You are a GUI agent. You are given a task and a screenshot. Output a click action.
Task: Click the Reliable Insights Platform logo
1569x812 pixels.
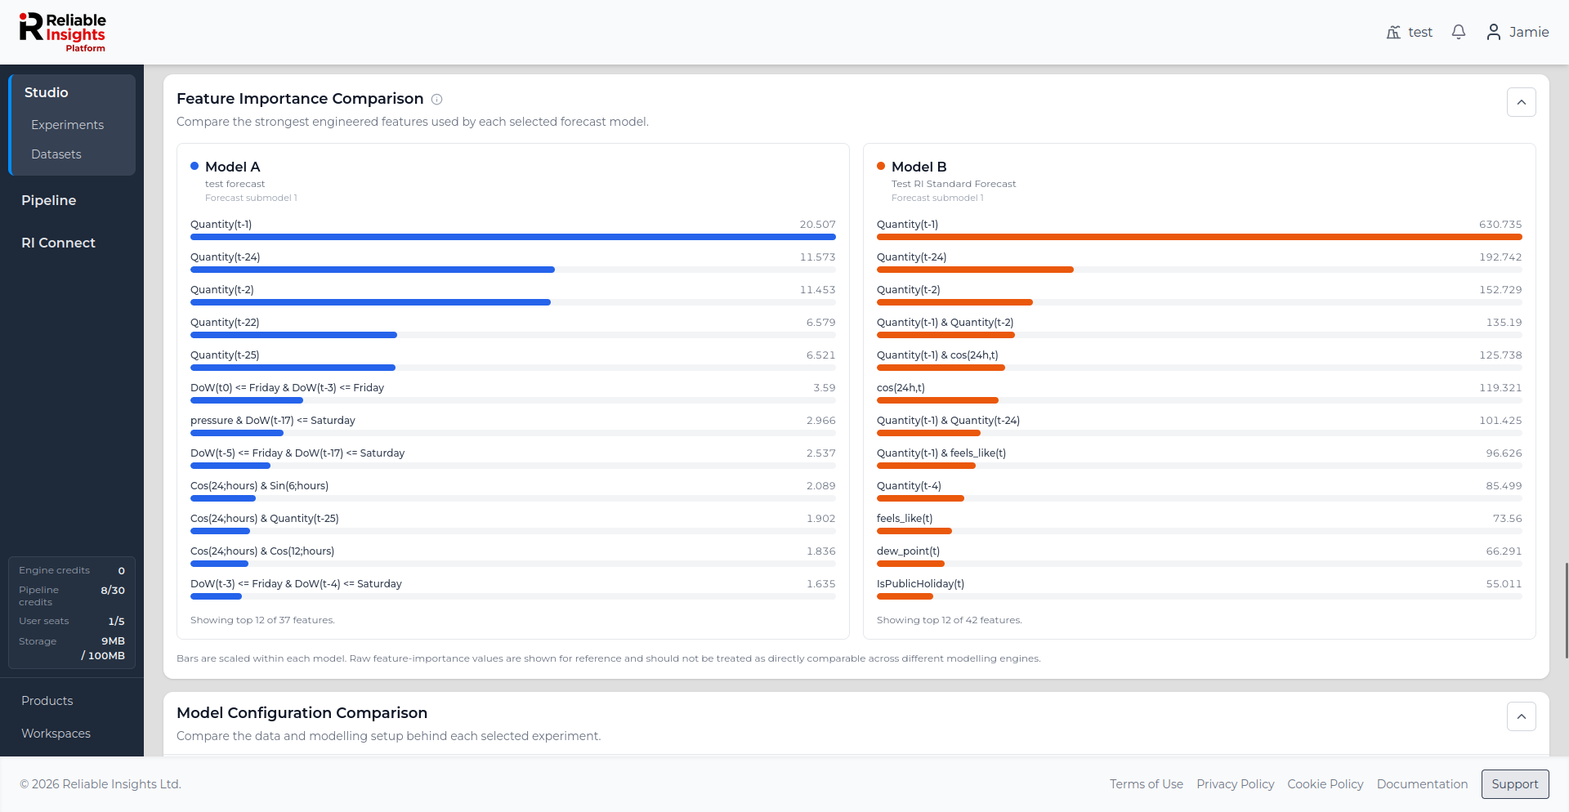[x=63, y=33]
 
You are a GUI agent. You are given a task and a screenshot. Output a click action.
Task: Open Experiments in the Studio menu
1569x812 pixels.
[x=67, y=125]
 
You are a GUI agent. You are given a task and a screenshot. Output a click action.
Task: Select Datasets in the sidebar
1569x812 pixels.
[x=56, y=154]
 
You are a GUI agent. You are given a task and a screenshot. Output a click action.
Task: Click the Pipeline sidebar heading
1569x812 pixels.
[x=49, y=200]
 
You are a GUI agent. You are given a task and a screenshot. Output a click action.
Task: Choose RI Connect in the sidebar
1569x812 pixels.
[x=58, y=243]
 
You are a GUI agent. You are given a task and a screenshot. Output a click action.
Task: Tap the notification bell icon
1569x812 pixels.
[x=1459, y=32]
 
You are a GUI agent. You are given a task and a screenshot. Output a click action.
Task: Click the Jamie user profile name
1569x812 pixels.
[x=1529, y=32]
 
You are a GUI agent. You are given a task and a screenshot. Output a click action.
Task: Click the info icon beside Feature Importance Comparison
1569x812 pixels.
[x=437, y=100]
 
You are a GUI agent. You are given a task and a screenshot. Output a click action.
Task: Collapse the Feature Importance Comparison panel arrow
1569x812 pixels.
[x=1522, y=102]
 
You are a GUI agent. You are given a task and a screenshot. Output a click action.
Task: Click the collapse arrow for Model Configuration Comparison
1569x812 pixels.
[x=1522, y=716]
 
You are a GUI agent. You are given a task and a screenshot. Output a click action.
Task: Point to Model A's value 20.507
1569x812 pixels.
[x=817, y=225]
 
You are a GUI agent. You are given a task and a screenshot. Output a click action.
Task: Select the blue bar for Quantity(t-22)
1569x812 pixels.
[x=293, y=335]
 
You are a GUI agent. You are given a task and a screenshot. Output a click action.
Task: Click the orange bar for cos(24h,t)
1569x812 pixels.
[x=937, y=400]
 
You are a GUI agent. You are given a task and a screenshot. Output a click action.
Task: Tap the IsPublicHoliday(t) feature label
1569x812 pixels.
[x=920, y=584]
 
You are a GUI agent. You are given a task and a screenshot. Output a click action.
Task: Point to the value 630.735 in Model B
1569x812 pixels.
[x=1500, y=225]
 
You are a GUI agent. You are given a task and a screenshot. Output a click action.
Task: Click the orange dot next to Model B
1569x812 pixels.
[x=881, y=166]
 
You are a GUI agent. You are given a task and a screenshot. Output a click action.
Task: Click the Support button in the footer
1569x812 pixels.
[x=1515, y=784]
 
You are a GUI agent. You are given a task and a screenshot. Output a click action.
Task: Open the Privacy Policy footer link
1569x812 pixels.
[x=1236, y=784]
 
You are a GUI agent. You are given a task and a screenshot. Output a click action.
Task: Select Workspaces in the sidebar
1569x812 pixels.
[x=56, y=734]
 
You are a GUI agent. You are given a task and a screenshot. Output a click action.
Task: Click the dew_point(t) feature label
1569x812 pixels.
[x=908, y=551]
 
